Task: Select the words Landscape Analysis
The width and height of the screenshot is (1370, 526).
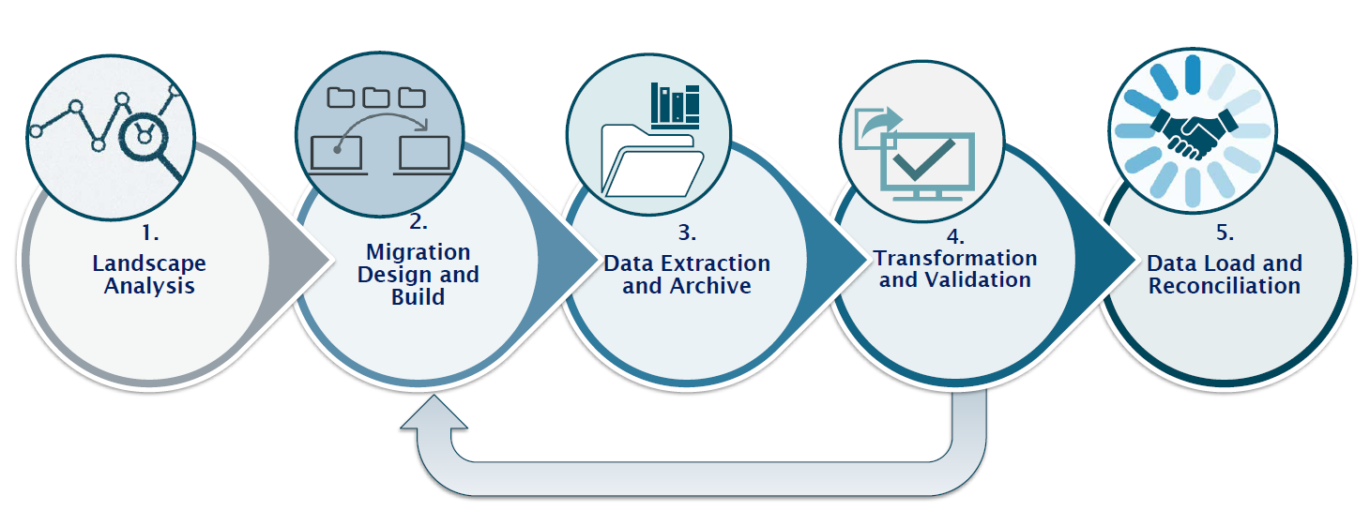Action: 148,275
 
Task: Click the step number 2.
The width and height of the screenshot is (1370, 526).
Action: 419,224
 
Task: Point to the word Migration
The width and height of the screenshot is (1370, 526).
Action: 419,252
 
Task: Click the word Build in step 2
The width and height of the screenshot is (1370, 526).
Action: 419,297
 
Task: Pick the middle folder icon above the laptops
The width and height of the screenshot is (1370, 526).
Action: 375,97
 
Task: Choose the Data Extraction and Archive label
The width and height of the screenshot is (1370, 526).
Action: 687,275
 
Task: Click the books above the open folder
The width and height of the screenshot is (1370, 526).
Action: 676,104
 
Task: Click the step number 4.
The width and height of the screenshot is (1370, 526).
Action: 955,235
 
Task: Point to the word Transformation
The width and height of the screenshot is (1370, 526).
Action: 955,258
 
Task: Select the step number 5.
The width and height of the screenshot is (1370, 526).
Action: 1225,233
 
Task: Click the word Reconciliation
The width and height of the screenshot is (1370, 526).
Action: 1225,286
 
